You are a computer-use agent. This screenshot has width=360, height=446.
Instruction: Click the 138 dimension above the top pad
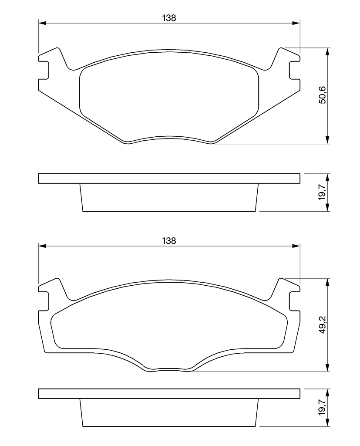tap(169, 18)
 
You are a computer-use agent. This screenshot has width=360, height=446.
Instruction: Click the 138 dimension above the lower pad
tap(169, 241)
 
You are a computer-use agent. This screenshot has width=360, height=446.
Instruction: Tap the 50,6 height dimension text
tap(323, 95)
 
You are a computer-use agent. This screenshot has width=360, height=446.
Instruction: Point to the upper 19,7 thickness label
tap(323, 192)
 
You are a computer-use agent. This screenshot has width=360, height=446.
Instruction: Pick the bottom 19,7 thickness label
tap(323, 407)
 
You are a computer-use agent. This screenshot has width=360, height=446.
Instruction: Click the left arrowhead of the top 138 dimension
tap(42, 23)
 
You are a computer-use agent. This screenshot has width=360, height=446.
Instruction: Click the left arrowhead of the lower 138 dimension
tap(42, 246)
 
